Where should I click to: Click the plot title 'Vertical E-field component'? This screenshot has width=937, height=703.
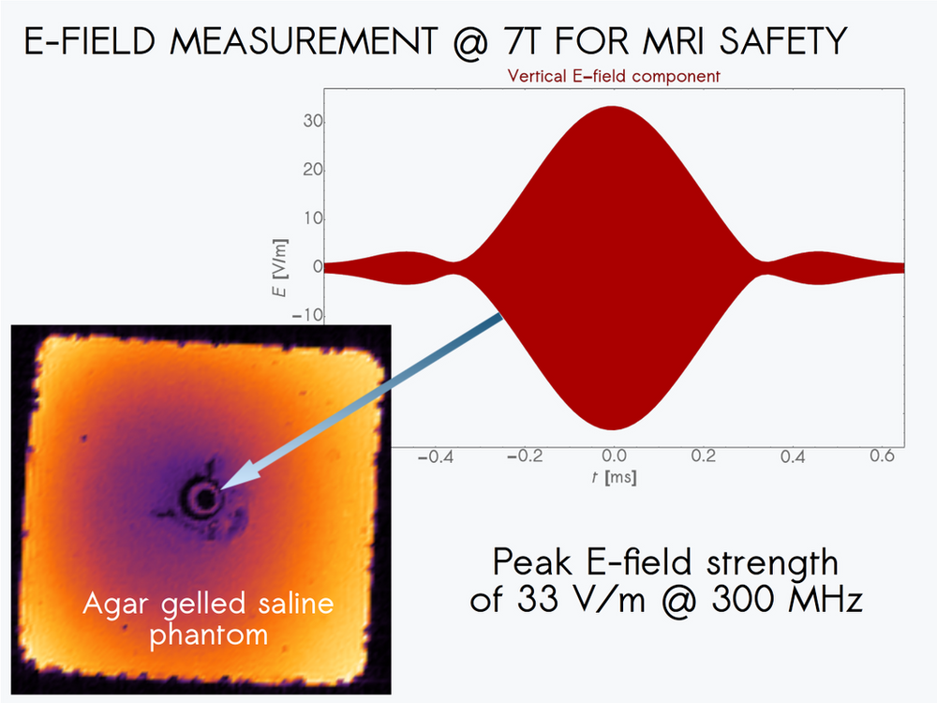pyautogui.click(x=613, y=76)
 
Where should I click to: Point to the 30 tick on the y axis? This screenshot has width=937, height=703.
pyautogui.click(x=312, y=121)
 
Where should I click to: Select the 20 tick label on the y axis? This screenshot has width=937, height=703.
pyautogui.click(x=312, y=170)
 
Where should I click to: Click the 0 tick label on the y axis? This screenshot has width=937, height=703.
pyautogui.click(x=318, y=266)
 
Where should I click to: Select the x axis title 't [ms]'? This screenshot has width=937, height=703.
pyautogui.click(x=613, y=477)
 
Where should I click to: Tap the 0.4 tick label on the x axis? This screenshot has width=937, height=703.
pyautogui.click(x=793, y=456)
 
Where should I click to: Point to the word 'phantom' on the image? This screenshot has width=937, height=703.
pyautogui.click(x=209, y=635)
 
